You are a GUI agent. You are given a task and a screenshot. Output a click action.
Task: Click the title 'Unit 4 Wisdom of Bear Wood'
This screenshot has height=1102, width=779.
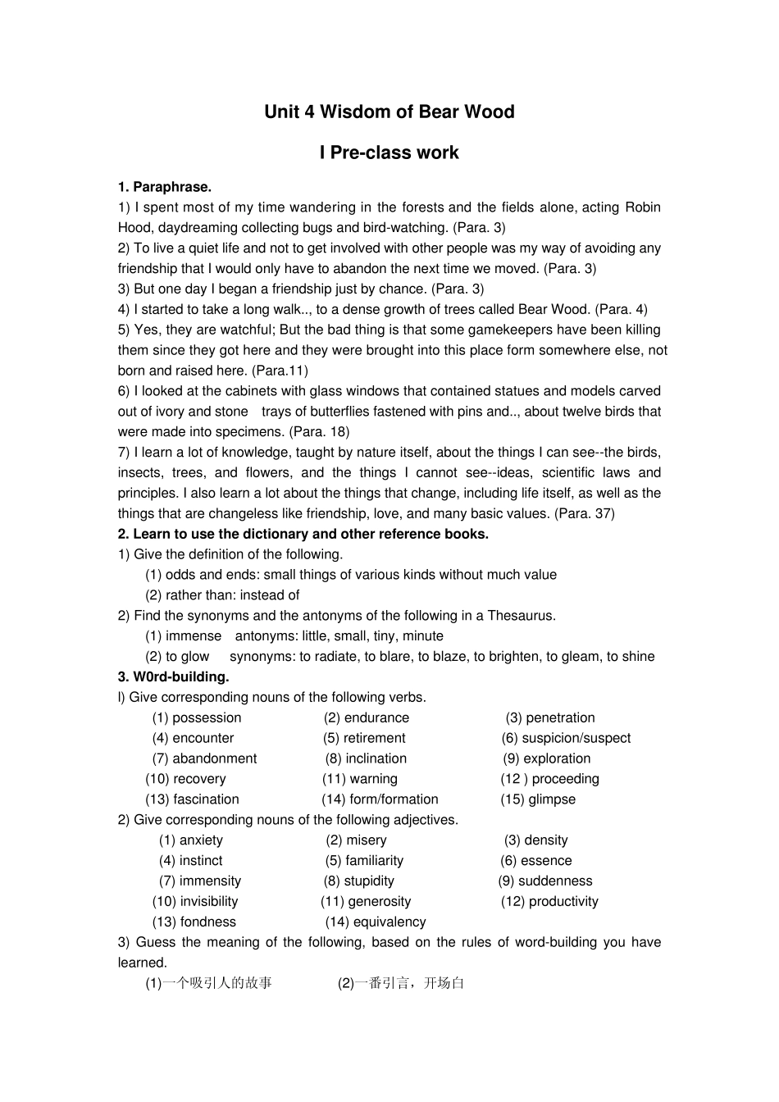[x=389, y=112]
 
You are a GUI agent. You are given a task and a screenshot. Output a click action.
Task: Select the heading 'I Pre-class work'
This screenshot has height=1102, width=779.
[x=389, y=153]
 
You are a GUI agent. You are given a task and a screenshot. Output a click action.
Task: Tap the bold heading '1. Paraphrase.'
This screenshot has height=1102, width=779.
[x=164, y=187]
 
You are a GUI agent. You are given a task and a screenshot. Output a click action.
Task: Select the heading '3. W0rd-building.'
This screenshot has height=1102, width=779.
[x=173, y=677]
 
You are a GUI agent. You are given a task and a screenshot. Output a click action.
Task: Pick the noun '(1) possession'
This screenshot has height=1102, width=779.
[x=197, y=718]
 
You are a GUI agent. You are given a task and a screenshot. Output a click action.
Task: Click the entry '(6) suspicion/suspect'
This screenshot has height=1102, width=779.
[x=566, y=739]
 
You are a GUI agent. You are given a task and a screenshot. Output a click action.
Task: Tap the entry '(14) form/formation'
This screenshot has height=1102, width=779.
[x=380, y=799]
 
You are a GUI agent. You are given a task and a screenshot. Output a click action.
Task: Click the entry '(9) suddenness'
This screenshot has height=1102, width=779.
[x=544, y=881]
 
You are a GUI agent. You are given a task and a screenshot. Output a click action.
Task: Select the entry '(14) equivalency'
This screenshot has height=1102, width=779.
[x=376, y=922]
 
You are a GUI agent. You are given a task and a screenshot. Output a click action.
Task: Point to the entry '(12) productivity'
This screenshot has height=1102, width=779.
[x=549, y=902]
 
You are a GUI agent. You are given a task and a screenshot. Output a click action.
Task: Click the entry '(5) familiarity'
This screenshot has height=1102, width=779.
[x=364, y=861]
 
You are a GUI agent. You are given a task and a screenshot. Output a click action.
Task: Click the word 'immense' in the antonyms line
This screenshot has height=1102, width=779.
[x=194, y=636]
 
